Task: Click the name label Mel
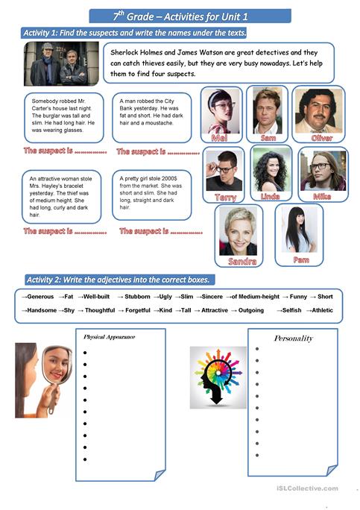pyautogui.click(x=220, y=139)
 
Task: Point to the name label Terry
pyautogui.click(x=225, y=197)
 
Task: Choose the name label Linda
pyautogui.click(x=271, y=197)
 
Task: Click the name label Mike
pyautogui.click(x=322, y=197)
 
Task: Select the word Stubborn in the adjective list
pyautogui.click(x=138, y=297)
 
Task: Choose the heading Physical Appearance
pyautogui.click(x=110, y=337)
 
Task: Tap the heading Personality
pyautogui.click(x=293, y=338)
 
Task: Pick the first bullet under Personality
pyautogui.click(x=257, y=348)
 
